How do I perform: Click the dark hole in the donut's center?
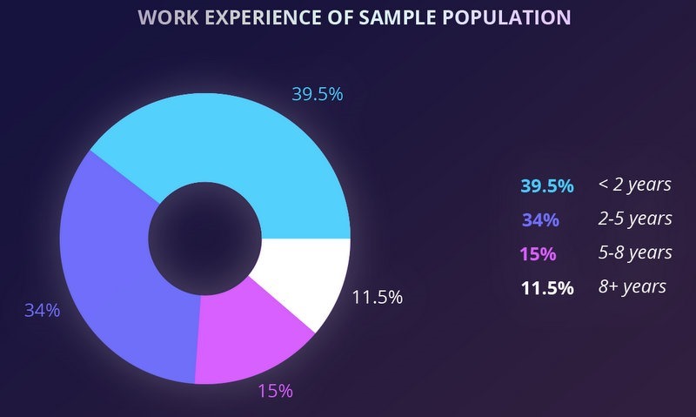pos(205,237)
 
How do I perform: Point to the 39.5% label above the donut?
pos(317,94)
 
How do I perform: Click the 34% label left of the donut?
pos(42,310)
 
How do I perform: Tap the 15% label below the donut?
pos(275,391)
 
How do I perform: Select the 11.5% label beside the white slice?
pos(377,297)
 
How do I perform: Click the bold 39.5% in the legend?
pos(546,185)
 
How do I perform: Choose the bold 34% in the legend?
pos(540,219)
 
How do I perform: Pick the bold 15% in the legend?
pos(538,254)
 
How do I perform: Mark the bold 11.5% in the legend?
pos(546,288)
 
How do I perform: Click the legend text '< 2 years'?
pos(634,185)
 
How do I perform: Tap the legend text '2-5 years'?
pos(635,219)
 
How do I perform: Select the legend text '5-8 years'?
pos(635,253)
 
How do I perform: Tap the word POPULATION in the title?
pos(501,18)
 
